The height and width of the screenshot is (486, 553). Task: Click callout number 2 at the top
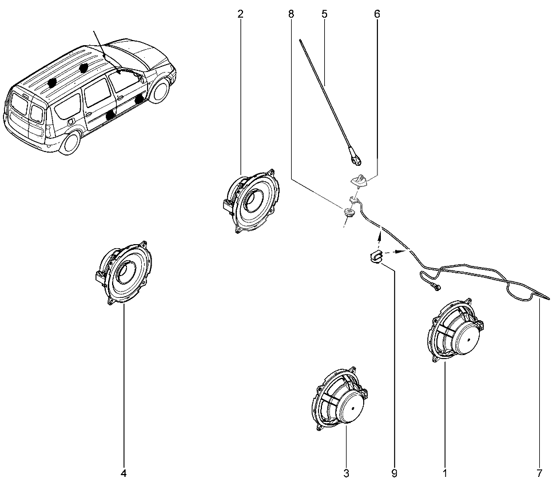pyautogui.click(x=241, y=14)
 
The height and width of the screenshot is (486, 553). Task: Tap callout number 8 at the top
pyautogui.click(x=291, y=14)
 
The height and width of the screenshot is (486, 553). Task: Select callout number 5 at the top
pyautogui.click(x=324, y=14)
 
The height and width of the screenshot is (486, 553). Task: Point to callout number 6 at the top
pyautogui.click(x=377, y=14)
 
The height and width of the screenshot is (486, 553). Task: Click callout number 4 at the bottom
pyautogui.click(x=124, y=473)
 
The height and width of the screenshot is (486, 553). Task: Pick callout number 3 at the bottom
pyautogui.click(x=346, y=473)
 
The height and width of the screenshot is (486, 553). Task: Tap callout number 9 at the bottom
pyautogui.click(x=394, y=473)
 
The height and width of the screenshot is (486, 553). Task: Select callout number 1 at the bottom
pyautogui.click(x=445, y=473)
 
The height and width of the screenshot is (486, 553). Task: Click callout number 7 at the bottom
pyautogui.click(x=539, y=473)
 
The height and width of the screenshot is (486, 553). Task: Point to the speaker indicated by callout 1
pyautogui.click(x=455, y=330)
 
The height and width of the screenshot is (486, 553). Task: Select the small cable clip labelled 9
pyautogui.click(x=376, y=256)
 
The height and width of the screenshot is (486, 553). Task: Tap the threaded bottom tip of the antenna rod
pyautogui.click(x=356, y=161)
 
